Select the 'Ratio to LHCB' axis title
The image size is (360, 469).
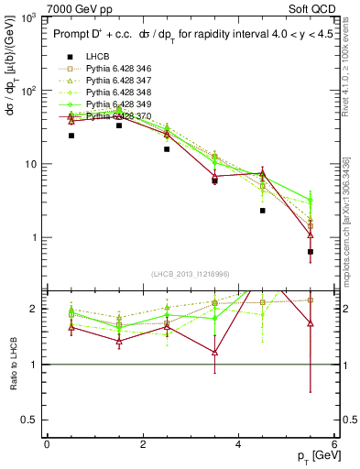(11, 364)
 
